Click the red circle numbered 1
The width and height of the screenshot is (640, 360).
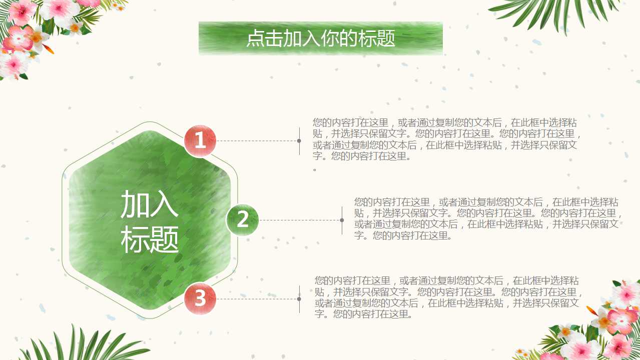click(200, 140)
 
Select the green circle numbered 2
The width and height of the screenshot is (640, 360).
click(243, 220)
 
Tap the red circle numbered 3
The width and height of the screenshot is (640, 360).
click(200, 298)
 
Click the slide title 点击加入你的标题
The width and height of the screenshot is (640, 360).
click(321, 38)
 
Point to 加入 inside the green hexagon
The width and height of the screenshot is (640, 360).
click(150, 204)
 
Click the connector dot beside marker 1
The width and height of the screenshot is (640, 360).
click(299, 140)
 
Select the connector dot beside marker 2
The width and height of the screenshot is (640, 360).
click(342, 220)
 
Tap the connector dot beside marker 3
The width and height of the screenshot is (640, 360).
click(299, 299)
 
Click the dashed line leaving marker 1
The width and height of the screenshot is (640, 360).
click(257, 140)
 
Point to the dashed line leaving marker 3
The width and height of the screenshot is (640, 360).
click(257, 299)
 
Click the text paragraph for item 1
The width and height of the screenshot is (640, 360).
click(446, 139)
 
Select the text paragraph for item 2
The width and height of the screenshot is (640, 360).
click(488, 218)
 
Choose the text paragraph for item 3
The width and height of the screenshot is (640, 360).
click(448, 297)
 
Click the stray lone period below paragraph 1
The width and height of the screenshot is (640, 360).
click(315, 170)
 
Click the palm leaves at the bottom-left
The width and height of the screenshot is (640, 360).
click(86, 344)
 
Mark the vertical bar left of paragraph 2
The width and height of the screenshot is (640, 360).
click(342, 220)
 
